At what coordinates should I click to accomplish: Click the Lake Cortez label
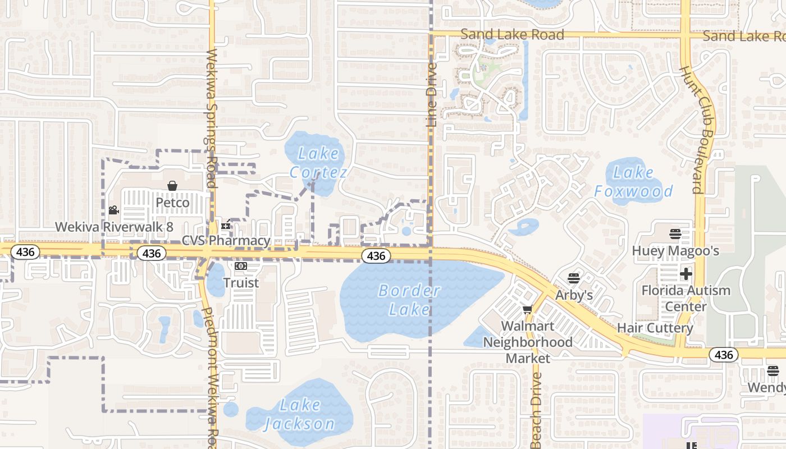[x=319, y=163]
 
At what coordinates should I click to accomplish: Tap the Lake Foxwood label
[x=633, y=182]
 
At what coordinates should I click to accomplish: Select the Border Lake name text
[x=409, y=300]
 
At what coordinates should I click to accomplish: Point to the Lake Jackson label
[x=300, y=414]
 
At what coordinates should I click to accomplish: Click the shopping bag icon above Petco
[x=172, y=186]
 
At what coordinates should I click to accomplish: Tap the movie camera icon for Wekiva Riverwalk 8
[x=113, y=210]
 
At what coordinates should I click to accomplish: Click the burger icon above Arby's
[x=573, y=278]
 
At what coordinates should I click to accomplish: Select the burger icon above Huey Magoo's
[x=675, y=234]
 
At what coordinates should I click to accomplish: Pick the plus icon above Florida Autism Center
[x=686, y=274]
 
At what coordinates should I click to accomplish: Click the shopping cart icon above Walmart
[x=527, y=309]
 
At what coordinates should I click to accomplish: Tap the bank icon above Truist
[x=241, y=266]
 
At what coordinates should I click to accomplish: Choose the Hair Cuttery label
[x=655, y=328]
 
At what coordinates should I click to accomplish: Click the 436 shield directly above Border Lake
[x=376, y=256]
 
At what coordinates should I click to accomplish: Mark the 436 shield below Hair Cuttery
[x=724, y=355]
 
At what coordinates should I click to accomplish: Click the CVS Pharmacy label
[x=226, y=241]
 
